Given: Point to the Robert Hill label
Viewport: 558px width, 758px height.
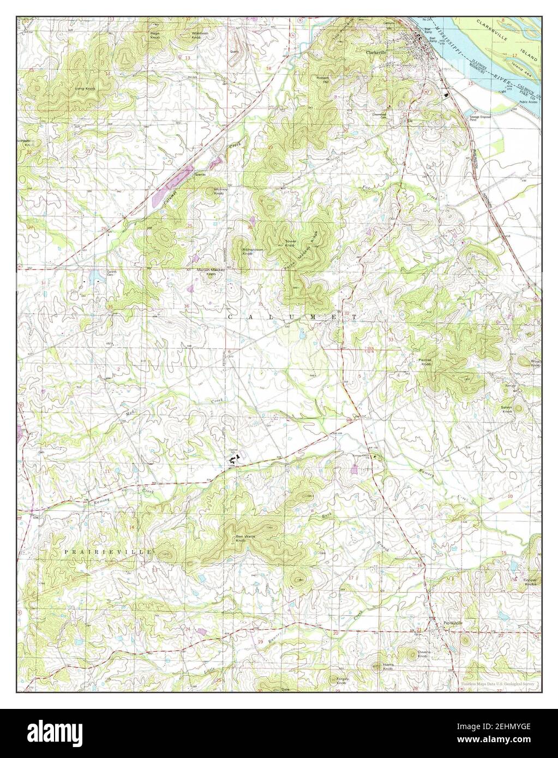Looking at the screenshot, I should pos(324,80).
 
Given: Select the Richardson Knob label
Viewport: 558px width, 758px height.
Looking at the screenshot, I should pos(253,251).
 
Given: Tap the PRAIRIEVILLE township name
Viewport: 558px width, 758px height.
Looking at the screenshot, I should pos(107,552).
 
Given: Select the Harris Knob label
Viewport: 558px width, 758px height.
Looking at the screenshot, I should pos(388,666).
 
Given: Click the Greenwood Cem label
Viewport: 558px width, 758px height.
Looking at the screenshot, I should pos(379,116).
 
